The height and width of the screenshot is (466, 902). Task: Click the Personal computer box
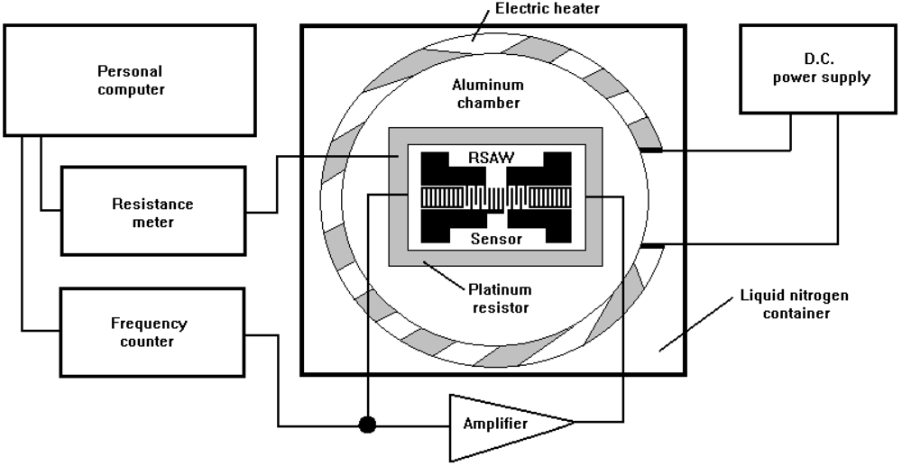[x=131, y=79]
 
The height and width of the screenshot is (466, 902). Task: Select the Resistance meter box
[x=152, y=211]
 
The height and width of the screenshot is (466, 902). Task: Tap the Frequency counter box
[x=152, y=331]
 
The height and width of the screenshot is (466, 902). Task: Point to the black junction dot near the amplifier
[x=367, y=424]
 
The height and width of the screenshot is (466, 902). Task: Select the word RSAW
[x=491, y=158]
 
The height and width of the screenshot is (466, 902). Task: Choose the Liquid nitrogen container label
[x=794, y=305]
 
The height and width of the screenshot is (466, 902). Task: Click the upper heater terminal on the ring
[x=650, y=150]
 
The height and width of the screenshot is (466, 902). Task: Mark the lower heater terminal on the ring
[x=650, y=245]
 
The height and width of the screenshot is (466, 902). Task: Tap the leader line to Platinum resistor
[x=441, y=275]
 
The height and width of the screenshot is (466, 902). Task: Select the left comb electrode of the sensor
[x=442, y=196]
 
